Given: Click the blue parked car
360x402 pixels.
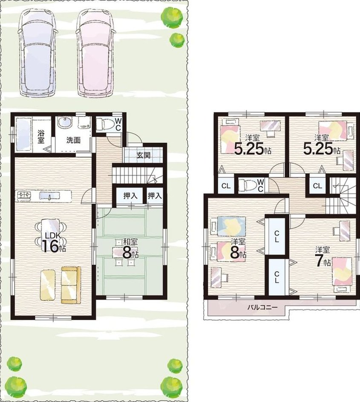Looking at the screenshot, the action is (x=37, y=52).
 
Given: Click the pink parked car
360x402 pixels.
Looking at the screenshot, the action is (x=95, y=53).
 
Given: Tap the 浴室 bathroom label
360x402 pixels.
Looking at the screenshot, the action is (x=41, y=137).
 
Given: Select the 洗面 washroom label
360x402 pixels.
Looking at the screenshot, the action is (x=74, y=140).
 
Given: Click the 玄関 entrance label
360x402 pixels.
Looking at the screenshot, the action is (x=143, y=155).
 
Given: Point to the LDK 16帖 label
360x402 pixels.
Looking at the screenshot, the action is (x=52, y=243).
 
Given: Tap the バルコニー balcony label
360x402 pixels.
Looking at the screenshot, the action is (x=262, y=307).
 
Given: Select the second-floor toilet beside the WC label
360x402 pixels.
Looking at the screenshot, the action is (x=248, y=185).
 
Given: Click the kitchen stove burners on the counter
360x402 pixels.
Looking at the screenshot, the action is (x=24, y=196).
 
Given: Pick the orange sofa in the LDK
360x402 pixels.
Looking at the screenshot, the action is (x=71, y=284).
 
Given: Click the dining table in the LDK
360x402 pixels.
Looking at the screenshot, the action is (x=50, y=231).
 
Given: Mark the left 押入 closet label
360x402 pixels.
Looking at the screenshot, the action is (x=130, y=196).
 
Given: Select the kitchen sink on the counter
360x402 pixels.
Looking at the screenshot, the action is (x=49, y=197).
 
